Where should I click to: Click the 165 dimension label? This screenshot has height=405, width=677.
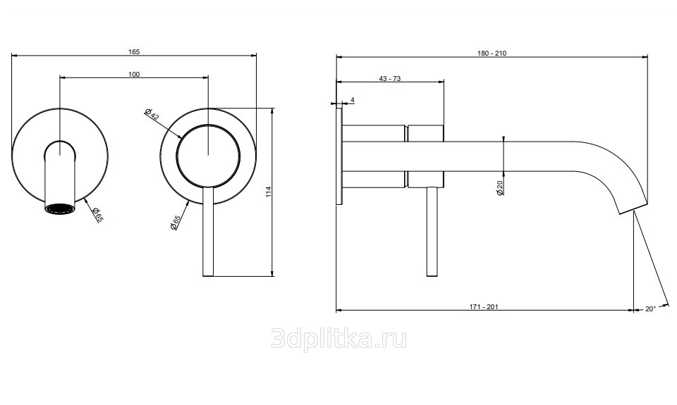(134, 51)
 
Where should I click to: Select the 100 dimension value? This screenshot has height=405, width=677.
(134, 74)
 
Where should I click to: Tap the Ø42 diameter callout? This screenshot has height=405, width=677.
(152, 113)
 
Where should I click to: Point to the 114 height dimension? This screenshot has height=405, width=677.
(269, 192)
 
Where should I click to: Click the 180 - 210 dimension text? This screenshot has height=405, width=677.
(492, 53)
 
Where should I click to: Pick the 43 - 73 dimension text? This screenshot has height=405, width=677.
(390, 78)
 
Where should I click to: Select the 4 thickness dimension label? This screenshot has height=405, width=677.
(353, 99)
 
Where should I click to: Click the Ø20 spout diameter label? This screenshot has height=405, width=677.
(500, 187)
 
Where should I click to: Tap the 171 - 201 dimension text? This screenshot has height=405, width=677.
(484, 306)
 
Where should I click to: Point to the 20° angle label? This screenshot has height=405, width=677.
(651, 309)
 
